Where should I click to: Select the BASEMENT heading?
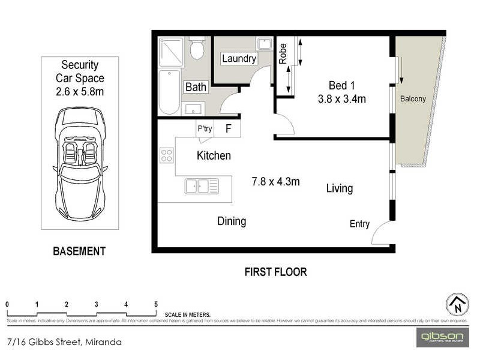coord(79,251)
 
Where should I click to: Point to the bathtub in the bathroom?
coord(169,91)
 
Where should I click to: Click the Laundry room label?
coord(239,59)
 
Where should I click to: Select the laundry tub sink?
coord(264,44)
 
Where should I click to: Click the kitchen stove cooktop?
coord(167,156)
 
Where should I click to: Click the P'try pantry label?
coord(205,128)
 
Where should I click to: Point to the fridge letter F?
coord(228,128)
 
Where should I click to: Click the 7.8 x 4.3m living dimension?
coord(275,181)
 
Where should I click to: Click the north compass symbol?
coord(457,305)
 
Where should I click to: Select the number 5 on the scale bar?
coord(156,304)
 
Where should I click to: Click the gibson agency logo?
coord(442,337)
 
